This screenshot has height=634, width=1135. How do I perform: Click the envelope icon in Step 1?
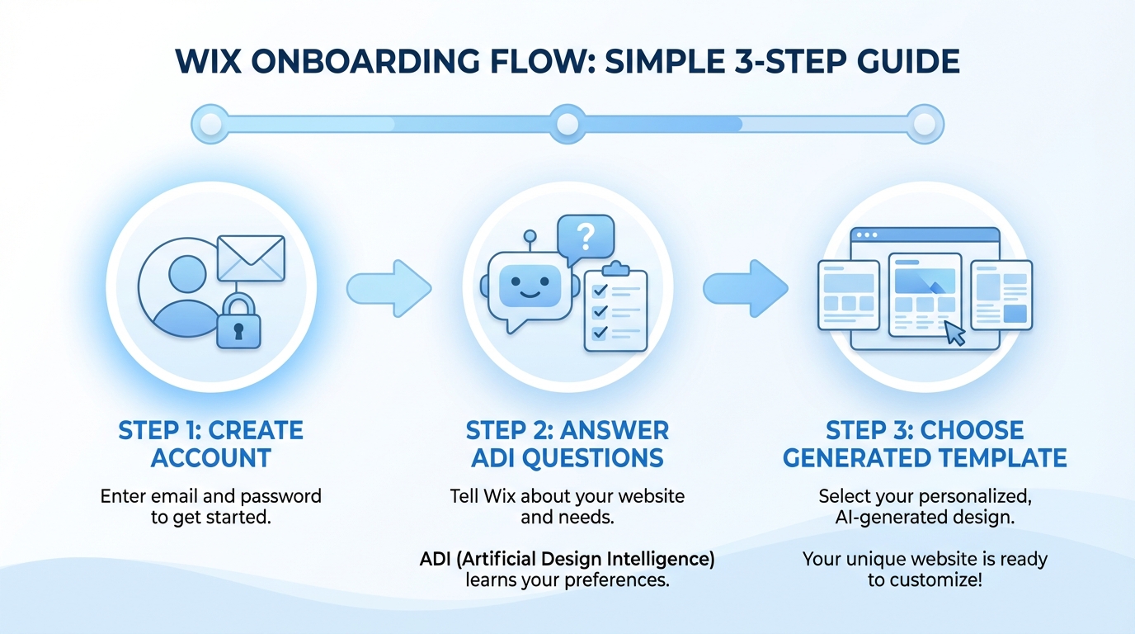(251, 258)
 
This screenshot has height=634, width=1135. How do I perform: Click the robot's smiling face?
(524, 283)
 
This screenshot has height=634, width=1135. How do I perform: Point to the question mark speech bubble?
(586, 236)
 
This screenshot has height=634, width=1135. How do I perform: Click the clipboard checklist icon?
(615, 308)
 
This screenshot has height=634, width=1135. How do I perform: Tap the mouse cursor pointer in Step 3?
(954, 333)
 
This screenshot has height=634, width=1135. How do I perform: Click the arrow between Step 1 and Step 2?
(389, 288)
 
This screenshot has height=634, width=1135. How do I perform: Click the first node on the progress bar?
(210, 125)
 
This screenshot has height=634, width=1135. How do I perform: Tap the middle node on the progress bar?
(567, 125)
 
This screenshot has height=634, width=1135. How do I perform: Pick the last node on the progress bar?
(925, 125)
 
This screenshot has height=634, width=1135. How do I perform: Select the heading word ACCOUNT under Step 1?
(211, 457)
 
